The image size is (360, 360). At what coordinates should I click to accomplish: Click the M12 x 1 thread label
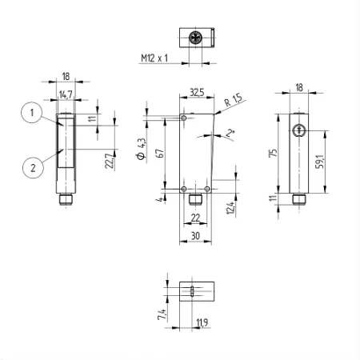point(154,58)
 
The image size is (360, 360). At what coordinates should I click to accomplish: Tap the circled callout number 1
point(32,113)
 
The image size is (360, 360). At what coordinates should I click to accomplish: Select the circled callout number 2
point(33,168)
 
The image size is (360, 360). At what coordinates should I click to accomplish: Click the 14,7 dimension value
point(66,94)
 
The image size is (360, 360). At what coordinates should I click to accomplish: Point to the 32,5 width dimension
point(197,92)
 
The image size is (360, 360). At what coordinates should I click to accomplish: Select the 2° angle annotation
point(230,133)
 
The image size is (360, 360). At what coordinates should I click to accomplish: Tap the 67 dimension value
point(161,154)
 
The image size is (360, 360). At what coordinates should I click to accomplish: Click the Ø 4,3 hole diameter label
point(142,149)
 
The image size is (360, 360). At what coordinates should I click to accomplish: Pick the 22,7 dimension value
point(110,161)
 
